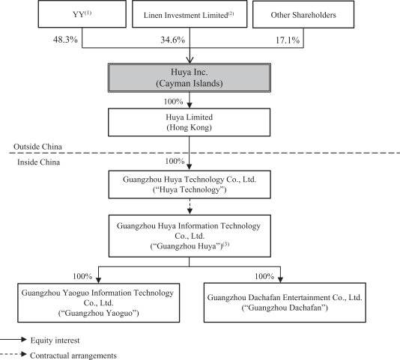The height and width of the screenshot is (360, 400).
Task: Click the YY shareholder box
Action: click(82, 13)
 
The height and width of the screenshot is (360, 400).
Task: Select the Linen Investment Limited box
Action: click(190, 13)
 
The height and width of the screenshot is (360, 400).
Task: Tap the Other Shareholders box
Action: click(303, 14)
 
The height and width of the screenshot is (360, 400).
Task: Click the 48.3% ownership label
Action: click(65, 40)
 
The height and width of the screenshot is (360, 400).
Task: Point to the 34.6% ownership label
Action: click(173, 40)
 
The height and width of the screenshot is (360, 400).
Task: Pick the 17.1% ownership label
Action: click(288, 40)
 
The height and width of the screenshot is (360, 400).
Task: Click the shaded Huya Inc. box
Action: click(190, 78)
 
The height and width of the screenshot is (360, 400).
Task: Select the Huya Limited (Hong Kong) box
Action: click(190, 123)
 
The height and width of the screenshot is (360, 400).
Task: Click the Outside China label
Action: click(37, 147)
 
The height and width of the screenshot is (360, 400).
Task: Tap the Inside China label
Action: click(38, 162)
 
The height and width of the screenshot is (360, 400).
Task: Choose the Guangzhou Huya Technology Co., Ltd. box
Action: click(190, 185)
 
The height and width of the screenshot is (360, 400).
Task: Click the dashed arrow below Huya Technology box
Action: click(190, 207)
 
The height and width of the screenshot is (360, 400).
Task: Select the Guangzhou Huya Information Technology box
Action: click(190, 236)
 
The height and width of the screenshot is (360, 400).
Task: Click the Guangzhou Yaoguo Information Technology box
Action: click(98, 303)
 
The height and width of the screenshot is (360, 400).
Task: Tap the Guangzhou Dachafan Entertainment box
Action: click(285, 302)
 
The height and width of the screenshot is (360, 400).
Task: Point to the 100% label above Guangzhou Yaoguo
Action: click(82, 276)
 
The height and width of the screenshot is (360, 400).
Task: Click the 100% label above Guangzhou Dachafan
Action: click(264, 276)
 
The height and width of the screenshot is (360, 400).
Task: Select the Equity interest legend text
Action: click(55, 341)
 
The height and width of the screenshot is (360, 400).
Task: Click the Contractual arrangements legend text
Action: click(73, 356)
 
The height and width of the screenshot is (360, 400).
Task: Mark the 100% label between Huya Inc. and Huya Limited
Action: click(174, 102)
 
